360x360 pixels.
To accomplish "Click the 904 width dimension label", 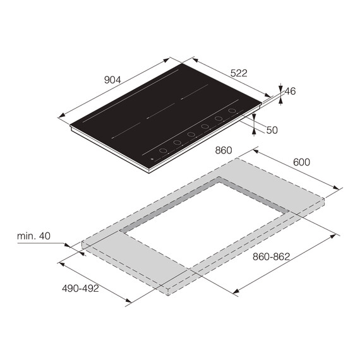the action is pos(112,80).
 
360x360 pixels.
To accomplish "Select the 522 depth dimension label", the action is pos(239,73).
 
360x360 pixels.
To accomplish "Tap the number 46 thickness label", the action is pos(290,91).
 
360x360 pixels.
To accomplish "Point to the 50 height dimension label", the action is pos(272,130).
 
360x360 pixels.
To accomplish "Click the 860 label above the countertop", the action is pos(224,150).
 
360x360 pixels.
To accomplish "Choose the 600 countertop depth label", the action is pos(301,162).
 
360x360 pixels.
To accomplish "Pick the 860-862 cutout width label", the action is pos(271,256).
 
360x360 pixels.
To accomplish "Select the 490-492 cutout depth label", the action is pos(80,289).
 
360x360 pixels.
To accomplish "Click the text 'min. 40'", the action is pos(33,236).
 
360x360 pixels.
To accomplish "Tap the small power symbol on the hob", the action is pos(152,159).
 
